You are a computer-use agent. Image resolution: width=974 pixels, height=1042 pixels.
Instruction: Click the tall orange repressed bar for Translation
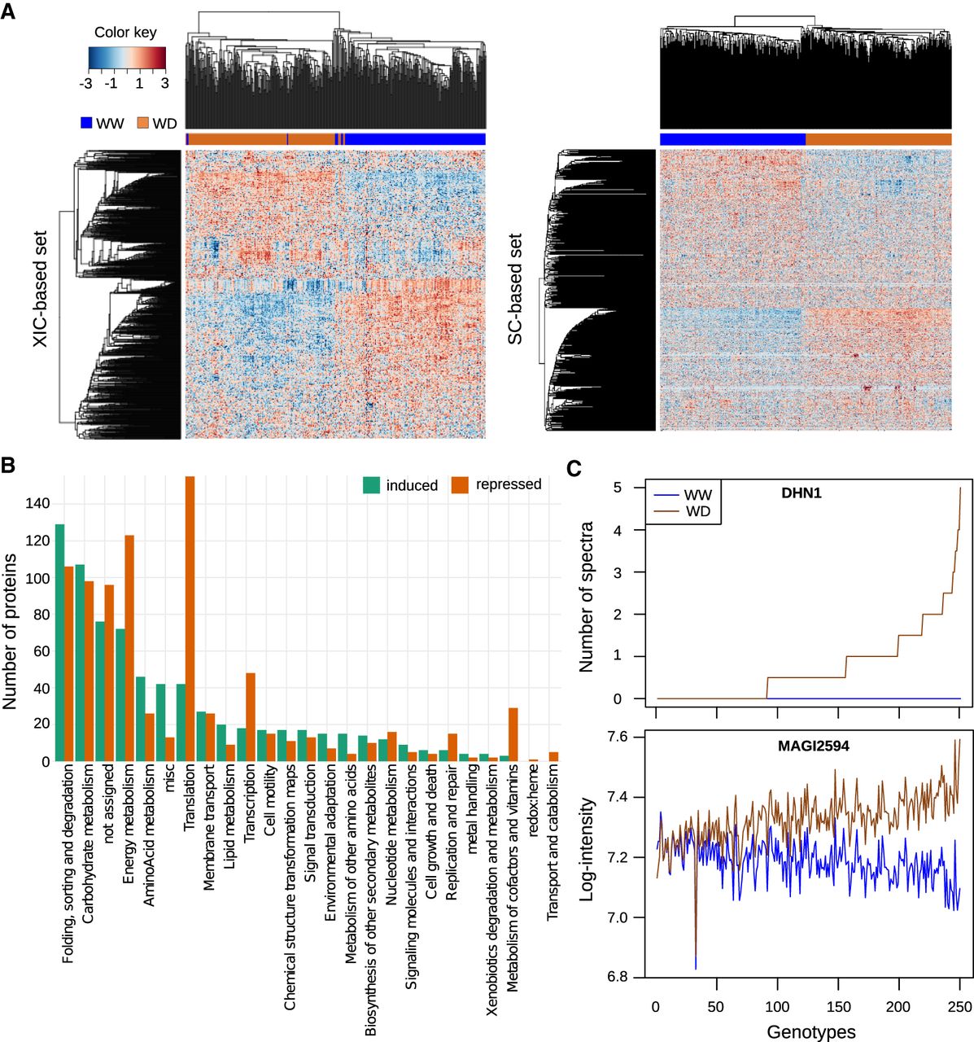click(190, 619)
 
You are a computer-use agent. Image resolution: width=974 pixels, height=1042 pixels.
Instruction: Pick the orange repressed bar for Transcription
click(251, 716)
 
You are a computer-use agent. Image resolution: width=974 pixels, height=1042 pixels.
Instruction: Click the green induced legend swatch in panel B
click(371, 485)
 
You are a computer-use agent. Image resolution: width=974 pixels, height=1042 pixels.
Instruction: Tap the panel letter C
click(574, 469)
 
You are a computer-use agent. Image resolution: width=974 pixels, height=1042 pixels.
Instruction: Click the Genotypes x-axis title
click(810, 1031)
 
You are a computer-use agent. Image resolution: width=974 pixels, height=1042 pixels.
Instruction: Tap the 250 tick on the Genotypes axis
click(960, 1006)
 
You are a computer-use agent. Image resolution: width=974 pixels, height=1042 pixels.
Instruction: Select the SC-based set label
click(515, 290)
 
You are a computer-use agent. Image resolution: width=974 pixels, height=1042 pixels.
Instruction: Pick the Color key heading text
click(125, 33)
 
